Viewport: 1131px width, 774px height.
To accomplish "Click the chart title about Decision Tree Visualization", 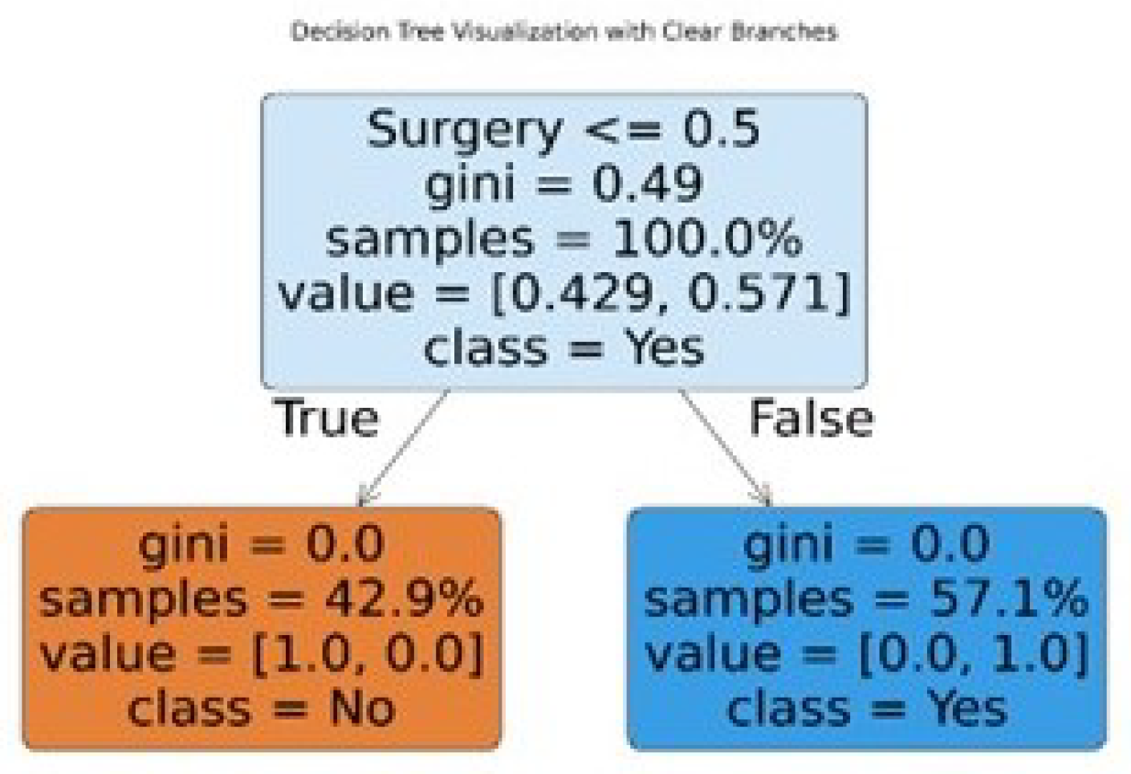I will coord(563,31).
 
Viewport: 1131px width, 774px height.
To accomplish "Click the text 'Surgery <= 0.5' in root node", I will coord(563,130).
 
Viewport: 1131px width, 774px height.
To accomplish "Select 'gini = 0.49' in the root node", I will coord(563,184).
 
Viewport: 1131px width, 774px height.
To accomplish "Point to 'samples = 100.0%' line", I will coord(563,239).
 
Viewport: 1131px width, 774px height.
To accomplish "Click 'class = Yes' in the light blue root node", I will coord(563,348).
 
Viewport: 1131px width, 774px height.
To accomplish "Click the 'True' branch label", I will coord(327,418).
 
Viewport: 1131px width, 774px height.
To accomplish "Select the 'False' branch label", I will coord(811,418).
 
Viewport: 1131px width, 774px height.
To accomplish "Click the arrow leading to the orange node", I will coord(403,447).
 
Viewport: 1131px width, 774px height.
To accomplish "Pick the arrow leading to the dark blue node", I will coord(725,447).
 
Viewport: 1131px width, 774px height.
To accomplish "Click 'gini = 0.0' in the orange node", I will coord(262,544).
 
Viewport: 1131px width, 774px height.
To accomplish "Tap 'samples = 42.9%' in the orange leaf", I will coord(262,599).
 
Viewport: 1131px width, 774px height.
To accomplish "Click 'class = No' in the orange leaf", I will coord(262,708).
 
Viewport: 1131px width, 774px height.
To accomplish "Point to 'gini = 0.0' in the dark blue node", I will coord(867,544).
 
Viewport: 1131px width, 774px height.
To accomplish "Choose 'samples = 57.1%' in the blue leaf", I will coord(867,599).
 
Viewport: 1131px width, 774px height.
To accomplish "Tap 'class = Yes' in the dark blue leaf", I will coord(867,708).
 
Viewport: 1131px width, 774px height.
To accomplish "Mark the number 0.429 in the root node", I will coord(582,294).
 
